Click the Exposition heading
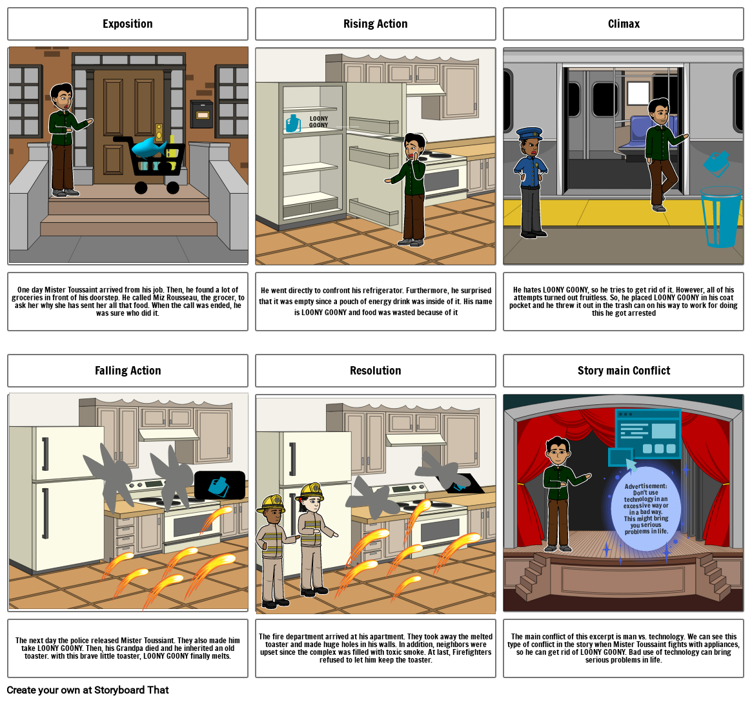coord(128,24)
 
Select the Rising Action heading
coord(376,24)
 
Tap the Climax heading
coord(624,24)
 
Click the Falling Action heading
coord(128,371)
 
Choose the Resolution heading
coord(376,371)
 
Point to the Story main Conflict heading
coord(624,371)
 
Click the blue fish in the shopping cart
coord(148,148)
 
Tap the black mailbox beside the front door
coord(201,114)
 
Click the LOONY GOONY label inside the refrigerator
coord(318,122)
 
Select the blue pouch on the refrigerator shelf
coord(292,123)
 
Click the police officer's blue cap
coord(529,133)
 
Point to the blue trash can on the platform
coord(720,217)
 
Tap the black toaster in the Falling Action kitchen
coord(219,485)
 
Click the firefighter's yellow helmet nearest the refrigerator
coord(311,491)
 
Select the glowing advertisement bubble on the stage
coord(645,509)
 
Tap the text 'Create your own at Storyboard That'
coord(88,690)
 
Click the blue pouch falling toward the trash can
coord(716,163)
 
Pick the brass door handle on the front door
coord(159,132)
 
